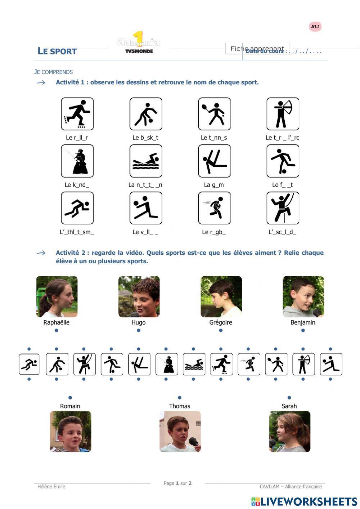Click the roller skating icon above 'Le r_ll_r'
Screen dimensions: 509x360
tap(77, 114)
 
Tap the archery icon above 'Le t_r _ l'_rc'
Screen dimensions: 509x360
tap(283, 114)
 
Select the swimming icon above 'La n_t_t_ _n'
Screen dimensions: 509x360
tap(146, 161)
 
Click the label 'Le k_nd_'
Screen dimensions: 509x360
tap(77, 185)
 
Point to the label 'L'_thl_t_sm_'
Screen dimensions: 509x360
tap(77, 232)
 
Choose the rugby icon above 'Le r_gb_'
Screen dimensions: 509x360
tap(214, 208)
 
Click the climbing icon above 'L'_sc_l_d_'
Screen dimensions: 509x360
tap(283, 208)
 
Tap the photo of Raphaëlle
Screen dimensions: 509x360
tap(57, 296)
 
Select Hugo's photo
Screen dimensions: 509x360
tap(139, 296)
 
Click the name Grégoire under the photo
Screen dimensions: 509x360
tap(221, 322)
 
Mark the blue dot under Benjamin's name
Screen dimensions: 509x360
tap(303, 330)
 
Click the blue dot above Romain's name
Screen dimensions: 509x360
tap(70, 398)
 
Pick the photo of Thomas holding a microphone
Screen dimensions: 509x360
tap(180, 431)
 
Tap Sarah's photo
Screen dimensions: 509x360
tap(289, 431)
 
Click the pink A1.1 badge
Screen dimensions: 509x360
tap(315, 27)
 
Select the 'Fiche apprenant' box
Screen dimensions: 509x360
tap(257, 49)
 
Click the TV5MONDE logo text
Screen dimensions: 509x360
tap(139, 51)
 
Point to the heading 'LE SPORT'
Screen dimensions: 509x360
tap(57, 51)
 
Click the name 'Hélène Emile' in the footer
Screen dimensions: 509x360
tap(51, 486)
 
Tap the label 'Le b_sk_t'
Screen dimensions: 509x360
tap(145, 138)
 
